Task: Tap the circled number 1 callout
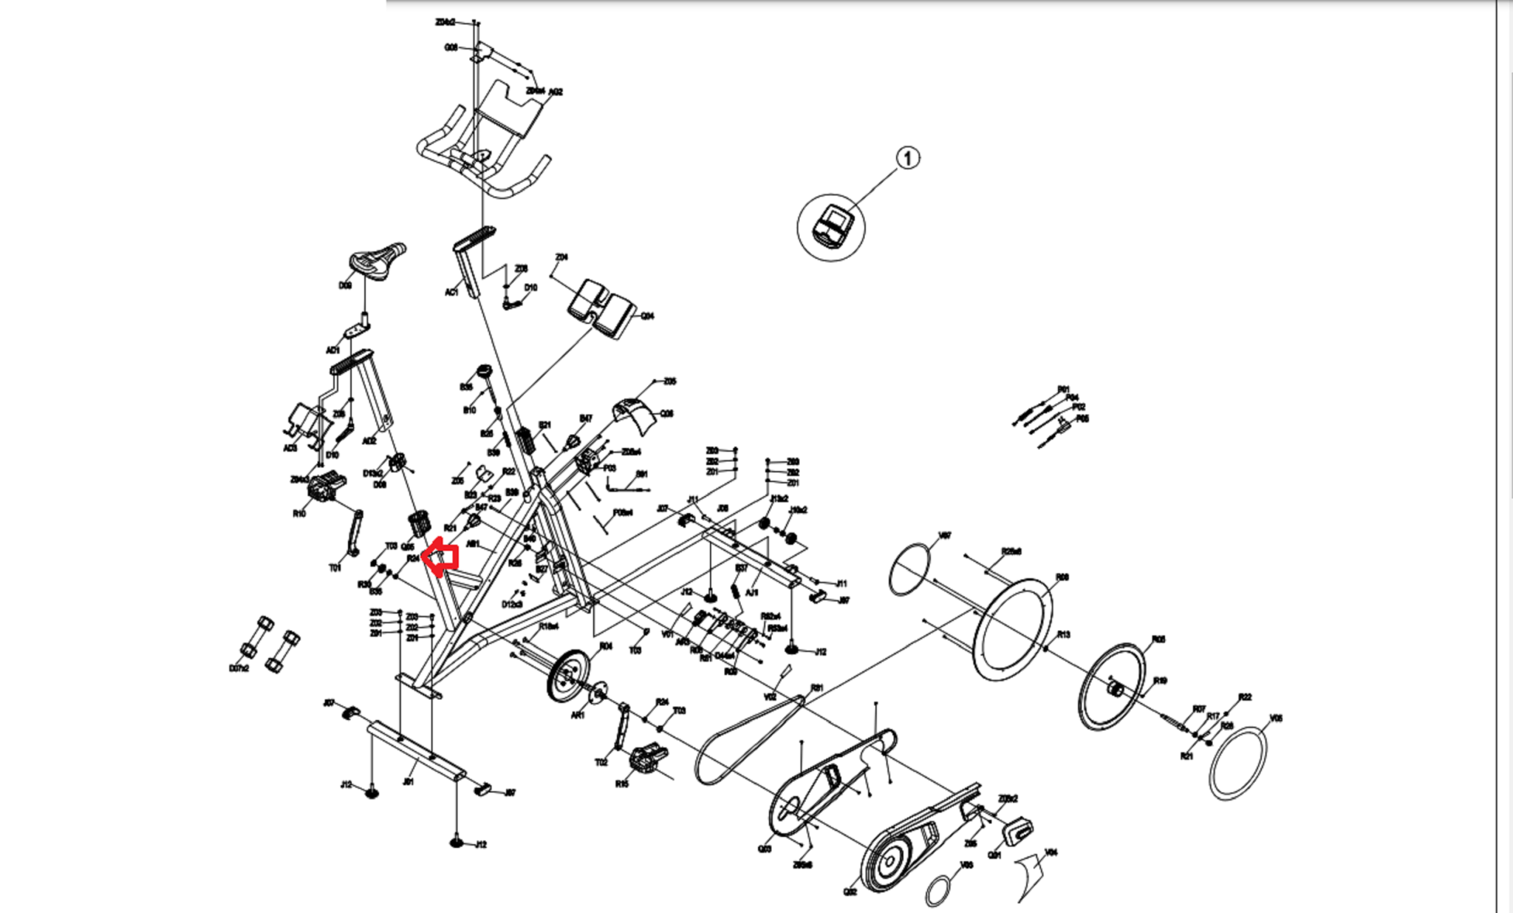(908, 158)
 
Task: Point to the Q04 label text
(647, 316)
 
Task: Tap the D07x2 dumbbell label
(239, 668)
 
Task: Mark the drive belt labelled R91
(746, 739)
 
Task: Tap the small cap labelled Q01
(1018, 830)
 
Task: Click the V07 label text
(944, 535)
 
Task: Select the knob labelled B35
(485, 372)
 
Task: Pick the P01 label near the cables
(1063, 389)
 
